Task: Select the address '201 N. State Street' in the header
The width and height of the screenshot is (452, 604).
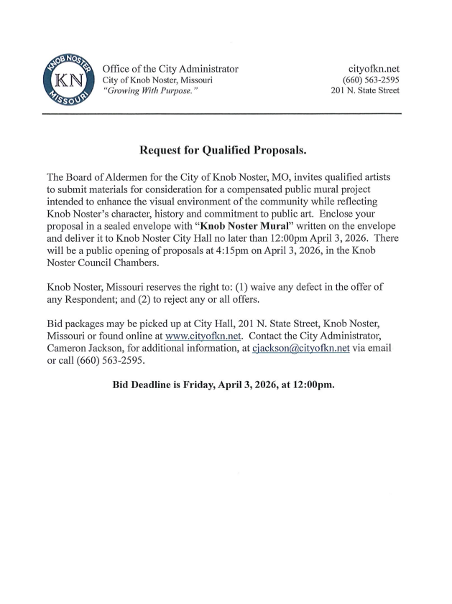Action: pyautogui.click(x=365, y=90)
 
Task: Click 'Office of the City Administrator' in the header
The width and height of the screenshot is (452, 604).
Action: pyautogui.click(x=170, y=69)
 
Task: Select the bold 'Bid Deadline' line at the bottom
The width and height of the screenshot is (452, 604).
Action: pyautogui.click(x=223, y=384)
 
